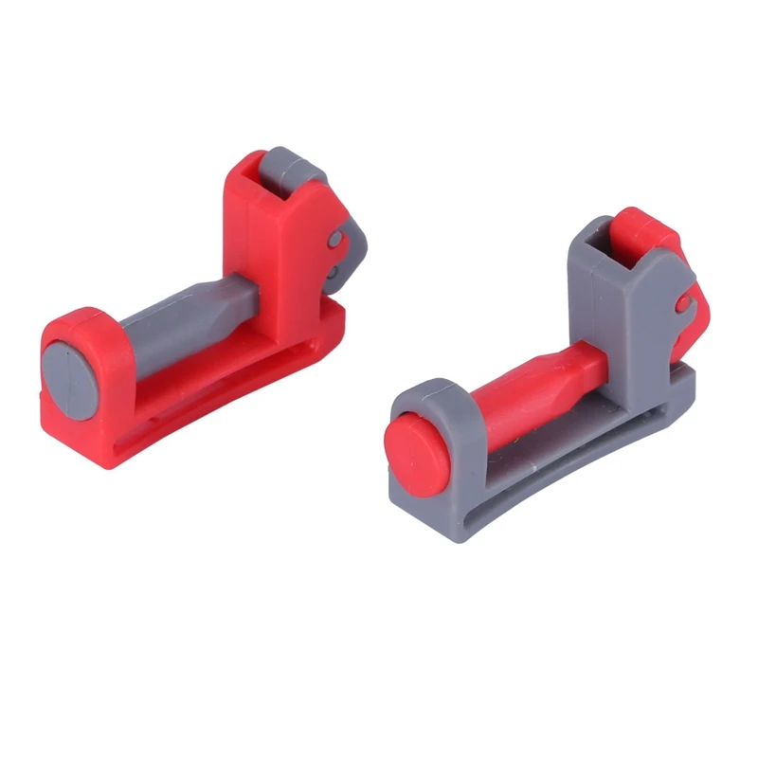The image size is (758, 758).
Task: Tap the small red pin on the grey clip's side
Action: (x=683, y=302)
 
